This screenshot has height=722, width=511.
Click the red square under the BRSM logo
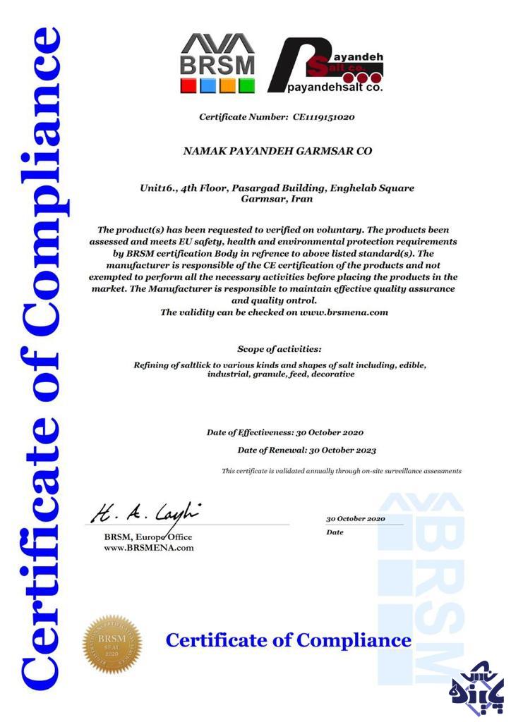[x=188, y=86]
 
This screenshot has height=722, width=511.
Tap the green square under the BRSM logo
[x=246, y=86]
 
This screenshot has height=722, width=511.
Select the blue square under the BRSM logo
[x=208, y=86]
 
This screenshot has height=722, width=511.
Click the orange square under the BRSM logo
[x=227, y=86]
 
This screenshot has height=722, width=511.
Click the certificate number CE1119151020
[x=323, y=116]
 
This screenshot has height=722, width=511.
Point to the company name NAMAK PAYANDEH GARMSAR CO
[x=277, y=151]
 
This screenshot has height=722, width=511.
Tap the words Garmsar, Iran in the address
[x=277, y=200]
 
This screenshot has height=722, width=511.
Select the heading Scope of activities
[x=279, y=349]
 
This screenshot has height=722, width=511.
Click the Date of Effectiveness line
[x=285, y=432]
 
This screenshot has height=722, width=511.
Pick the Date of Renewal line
[x=306, y=450]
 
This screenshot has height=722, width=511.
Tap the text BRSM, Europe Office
[x=148, y=537]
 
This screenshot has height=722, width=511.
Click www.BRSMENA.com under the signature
[x=148, y=548]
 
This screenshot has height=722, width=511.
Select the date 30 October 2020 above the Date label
[x=356, y=518]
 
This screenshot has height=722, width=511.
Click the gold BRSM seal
[x=112, y=643]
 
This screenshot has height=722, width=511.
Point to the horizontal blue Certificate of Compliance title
[x=288, y=641]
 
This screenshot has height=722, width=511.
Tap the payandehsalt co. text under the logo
[x=335, y=89]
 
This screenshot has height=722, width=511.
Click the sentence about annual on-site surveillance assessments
[x=342, y=471]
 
